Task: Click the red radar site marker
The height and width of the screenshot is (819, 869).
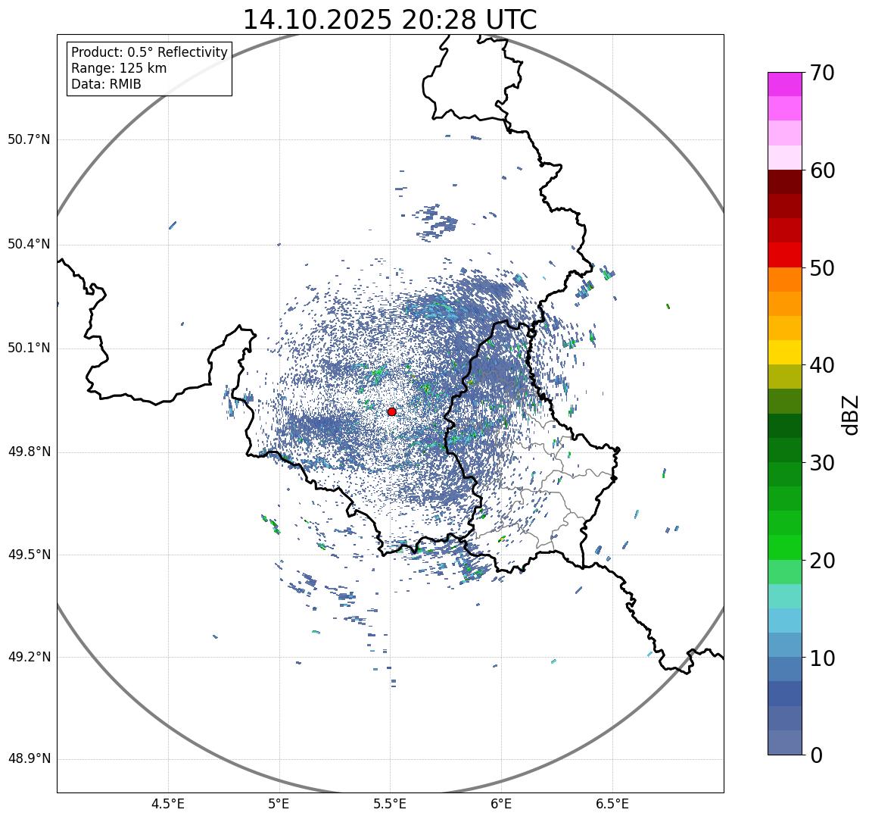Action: (391, 411)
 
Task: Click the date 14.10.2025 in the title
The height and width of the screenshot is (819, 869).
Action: (316, 20)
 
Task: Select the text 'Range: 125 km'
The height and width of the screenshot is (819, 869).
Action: (119, 68)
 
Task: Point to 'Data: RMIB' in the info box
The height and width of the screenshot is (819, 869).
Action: (106, 84)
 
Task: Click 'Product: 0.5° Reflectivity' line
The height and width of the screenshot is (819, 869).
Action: (149, 52)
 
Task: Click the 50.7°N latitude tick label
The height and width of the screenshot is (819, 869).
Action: (29, 140)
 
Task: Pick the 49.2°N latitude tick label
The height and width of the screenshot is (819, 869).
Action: (29, 657)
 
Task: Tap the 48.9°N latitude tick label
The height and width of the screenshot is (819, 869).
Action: (29, 759)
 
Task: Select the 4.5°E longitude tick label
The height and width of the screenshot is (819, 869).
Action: (168, 803)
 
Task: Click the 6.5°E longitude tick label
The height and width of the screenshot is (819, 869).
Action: (612, 803)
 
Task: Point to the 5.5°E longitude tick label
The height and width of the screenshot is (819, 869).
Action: (390, 803)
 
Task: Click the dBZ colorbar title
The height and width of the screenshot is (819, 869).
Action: (851, 414)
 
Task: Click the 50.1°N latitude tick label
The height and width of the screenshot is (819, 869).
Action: (29, 349)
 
